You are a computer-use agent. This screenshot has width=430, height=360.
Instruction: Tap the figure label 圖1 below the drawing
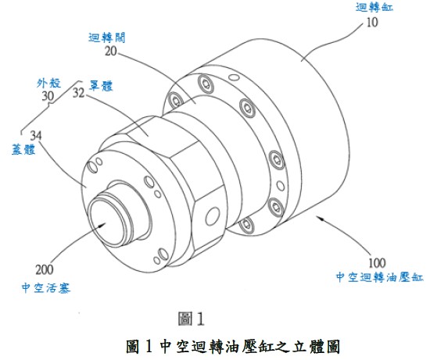(x=191, y=317)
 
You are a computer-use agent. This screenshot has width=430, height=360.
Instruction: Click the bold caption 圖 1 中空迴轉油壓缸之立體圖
(x=228, y=344)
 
